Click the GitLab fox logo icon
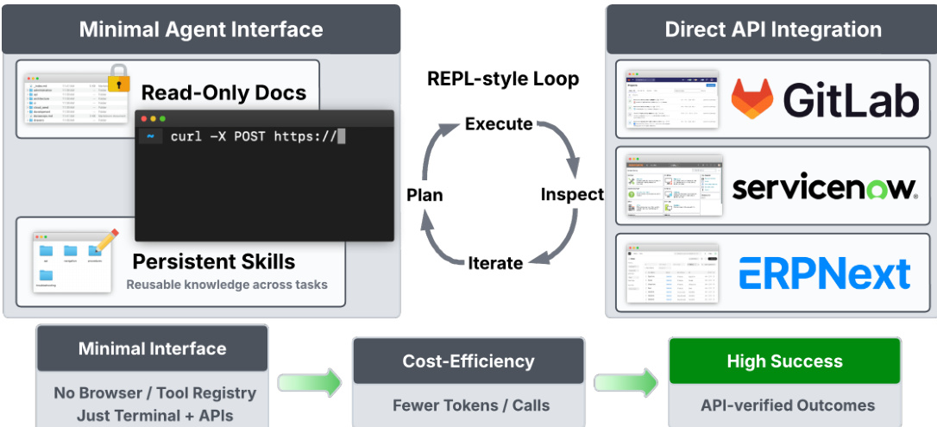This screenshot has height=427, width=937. pos(753,99)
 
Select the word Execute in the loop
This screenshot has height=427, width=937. pos(499,124)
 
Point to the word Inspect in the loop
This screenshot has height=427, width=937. pos(572,194)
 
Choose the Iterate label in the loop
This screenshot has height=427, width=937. pos(495,263)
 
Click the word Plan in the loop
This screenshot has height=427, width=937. pos(424,195)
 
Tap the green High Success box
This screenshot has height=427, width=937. pos(784,361)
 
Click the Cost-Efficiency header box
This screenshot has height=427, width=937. pos(468,361)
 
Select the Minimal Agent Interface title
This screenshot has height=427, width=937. pos(201,29)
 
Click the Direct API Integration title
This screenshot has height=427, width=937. pos(773,29)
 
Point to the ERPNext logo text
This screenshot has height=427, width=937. pos(825,273)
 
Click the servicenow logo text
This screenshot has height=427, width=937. pos(825,188)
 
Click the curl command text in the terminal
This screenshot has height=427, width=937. pos(253,136)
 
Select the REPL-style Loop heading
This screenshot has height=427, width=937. pos(503,78)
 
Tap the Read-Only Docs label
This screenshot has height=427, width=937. pos(223,92)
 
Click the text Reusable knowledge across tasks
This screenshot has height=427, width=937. pos(227,284)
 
